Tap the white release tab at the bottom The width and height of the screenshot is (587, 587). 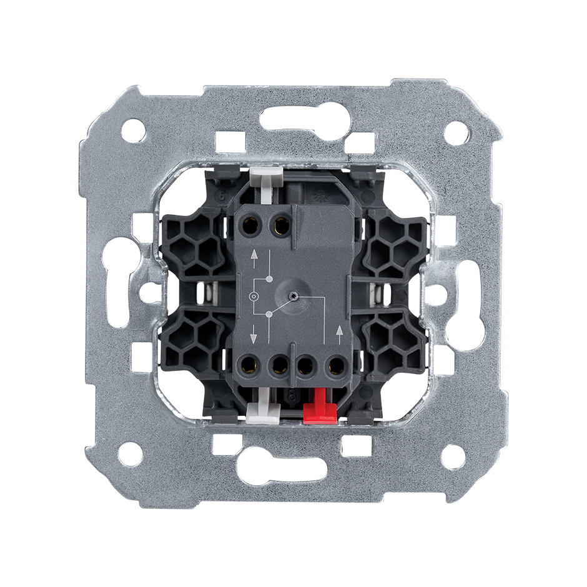(262, 409)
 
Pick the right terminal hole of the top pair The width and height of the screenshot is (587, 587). (278, 224)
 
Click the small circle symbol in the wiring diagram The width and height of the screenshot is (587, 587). (253, 297)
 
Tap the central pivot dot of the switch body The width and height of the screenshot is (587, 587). (293, 292)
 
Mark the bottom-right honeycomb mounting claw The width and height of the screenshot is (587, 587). (395, 341)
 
